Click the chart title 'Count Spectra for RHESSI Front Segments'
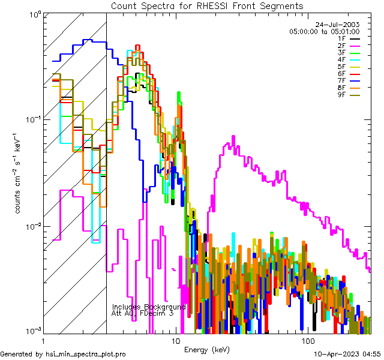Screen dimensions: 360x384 pos(207,6)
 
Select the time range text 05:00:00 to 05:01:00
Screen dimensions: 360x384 pos(324,31)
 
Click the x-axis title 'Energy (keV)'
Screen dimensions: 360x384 pos(206,349)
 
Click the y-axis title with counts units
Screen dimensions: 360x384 pos(19,174)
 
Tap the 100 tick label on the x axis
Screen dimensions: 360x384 pos(308,340)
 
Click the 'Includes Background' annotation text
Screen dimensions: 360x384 pos(149,307)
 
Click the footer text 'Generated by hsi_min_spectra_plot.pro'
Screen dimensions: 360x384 pos(63,355)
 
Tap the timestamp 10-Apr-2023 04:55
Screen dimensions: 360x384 pos(347,355)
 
